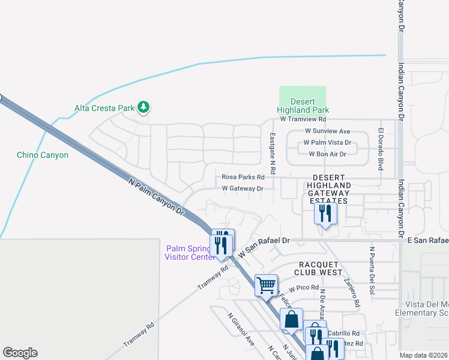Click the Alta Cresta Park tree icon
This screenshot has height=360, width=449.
tap(143, 107)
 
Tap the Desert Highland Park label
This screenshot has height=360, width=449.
tap(303, 106)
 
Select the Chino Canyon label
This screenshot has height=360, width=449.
tap(43, 155)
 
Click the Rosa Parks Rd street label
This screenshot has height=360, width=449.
tap(243, 177)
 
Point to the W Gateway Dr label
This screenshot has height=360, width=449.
tap(243, 188)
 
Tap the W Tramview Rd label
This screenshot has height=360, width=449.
tap(303, 119)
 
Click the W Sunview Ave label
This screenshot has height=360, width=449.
tap(327, 131)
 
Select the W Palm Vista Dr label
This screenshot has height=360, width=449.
tap(327, 143)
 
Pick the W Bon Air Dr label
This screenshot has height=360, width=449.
tap(328, 154)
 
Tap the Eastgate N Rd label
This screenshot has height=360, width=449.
tap(272, 154)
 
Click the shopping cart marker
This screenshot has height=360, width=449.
tap(266, 286)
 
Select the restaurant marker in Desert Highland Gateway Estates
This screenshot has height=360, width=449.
tap(325, 214)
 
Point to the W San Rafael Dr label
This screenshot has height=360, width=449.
tap(264, 247)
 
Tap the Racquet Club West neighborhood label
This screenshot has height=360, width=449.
tap(318, 268)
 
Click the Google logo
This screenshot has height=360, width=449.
tap(20, 353)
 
